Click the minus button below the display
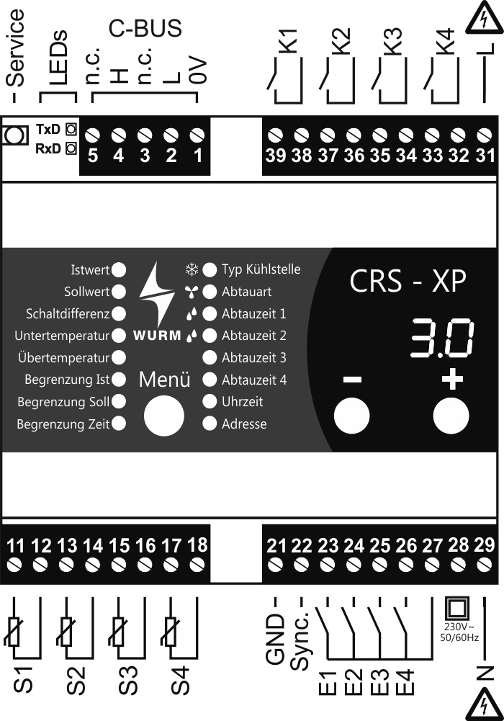352,416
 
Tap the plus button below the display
451,416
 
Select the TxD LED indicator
71,130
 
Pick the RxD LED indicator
71,149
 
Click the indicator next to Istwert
120,270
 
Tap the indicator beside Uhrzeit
210,401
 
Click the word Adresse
244,424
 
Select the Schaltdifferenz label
67,314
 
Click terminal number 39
276,156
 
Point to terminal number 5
92,156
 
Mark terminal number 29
485,545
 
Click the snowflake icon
192,270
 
